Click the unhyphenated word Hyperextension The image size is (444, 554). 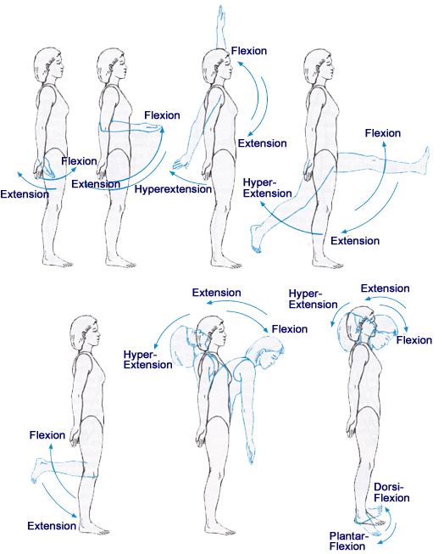pyautogui.click(x=173, y=189)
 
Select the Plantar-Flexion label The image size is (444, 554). pyautogui.click(x=347, y=540)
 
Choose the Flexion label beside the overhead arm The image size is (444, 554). pyautogui.click(x=249, y=52)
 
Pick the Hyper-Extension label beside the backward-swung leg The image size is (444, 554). pyautogui.click(x=263, y=188)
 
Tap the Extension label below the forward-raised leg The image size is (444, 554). pyautogui.click(x=354, y=241)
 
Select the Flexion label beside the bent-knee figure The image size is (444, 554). pyautogui.click(x=47, y=435)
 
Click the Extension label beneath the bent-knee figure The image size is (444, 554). pyautogui.click(x=52, y=526)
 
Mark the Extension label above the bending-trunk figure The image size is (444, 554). pyautogui.click(x=216, y=293)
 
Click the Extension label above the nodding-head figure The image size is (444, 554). pyautogui.click(x=386, y=288)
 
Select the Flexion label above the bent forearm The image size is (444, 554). pyautogui.click(x=162, y=115)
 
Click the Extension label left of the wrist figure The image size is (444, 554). pyautogui.click(x=24, y=194)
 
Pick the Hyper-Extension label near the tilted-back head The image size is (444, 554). pyautogui.click(x=312, y=298)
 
